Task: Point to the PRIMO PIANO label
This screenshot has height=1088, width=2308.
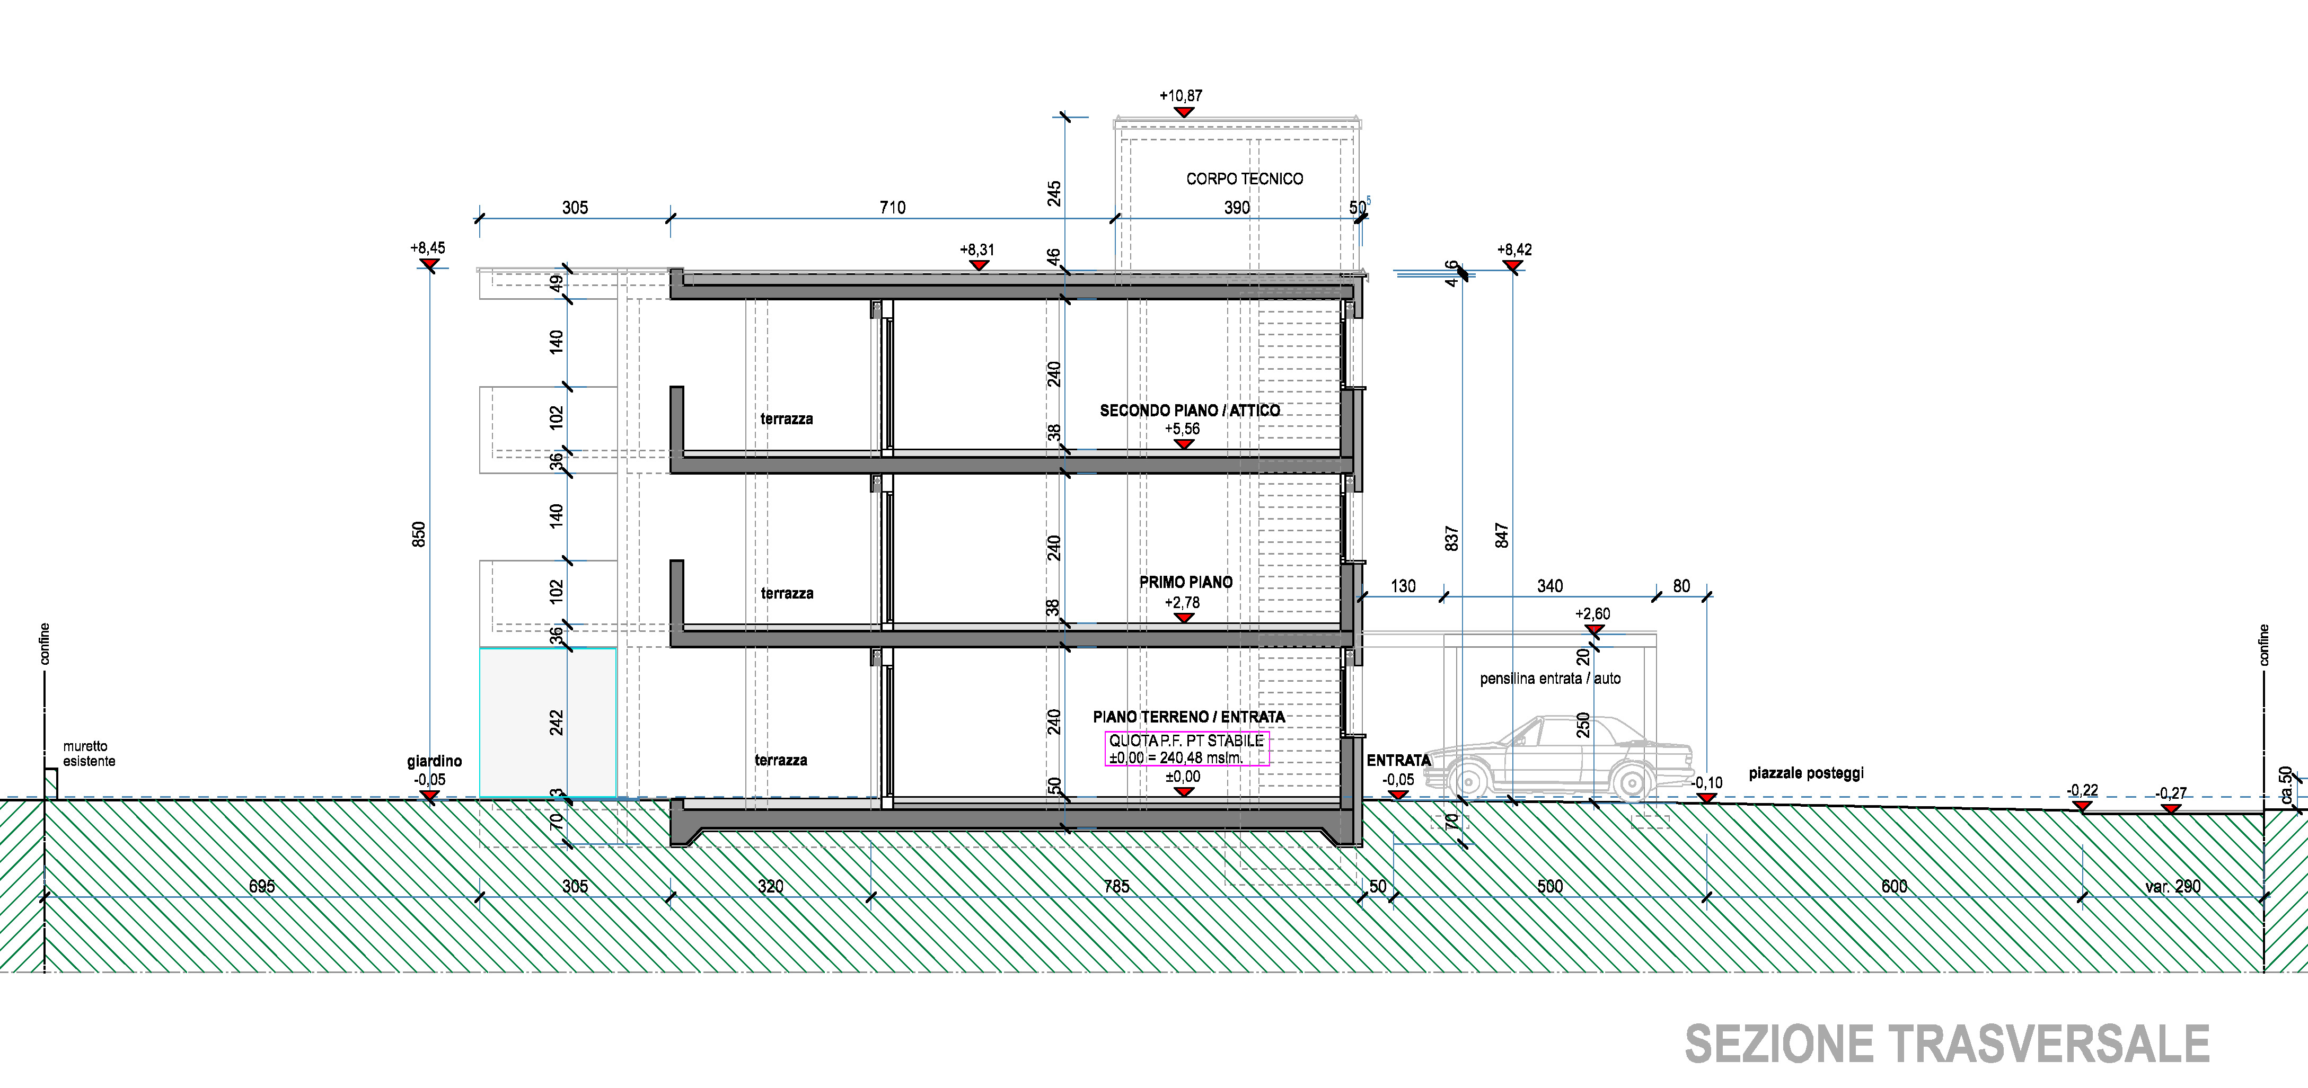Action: (x=1185, y=582)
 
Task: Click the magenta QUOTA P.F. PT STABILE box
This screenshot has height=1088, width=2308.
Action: (x=1186, y=748)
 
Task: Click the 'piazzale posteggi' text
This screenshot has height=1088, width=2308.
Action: (x=1805, y=773)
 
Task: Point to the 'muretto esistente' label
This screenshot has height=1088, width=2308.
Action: (x=89, y=753)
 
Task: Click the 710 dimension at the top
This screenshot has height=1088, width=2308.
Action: (x=892, y=208)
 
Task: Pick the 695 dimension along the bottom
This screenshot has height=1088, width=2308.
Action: (x=262, y=887)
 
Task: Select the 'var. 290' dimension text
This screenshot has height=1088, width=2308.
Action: (x=2173, y=887)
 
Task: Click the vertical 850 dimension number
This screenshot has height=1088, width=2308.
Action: (x=418, y=534)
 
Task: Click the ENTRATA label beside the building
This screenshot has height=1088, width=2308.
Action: (x=1398, y=760)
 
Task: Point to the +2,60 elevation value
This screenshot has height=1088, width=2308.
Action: (x=1592, y=614)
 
